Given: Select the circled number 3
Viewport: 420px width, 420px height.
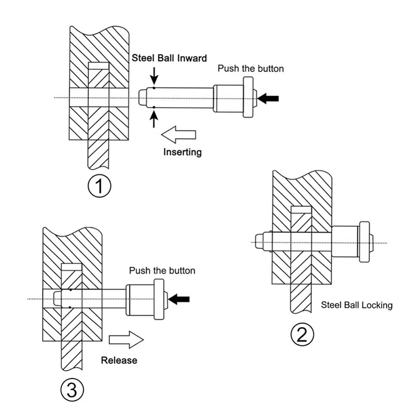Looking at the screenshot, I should pos(71,390).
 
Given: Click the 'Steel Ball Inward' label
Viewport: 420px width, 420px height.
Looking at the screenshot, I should pos(169,58).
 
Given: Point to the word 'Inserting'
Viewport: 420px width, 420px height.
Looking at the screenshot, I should pos(182,153).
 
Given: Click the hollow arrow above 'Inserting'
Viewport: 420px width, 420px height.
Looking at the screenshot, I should pos(178,135).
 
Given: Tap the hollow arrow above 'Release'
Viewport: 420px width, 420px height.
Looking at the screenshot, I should pos(125,340).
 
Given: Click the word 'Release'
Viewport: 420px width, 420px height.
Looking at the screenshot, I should pos(119,360).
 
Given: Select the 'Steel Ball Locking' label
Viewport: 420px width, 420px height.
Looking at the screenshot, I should pos(357,305).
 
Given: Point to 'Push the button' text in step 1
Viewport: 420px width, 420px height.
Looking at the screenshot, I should pos(251,69).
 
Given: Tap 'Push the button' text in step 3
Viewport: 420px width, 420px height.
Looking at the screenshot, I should pos(162,271).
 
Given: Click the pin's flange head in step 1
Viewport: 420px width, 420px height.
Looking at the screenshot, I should pos(248,98).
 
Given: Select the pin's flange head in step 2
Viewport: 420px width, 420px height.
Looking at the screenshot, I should pos(364,242).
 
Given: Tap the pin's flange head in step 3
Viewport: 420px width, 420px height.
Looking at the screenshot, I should pos(159,299).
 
